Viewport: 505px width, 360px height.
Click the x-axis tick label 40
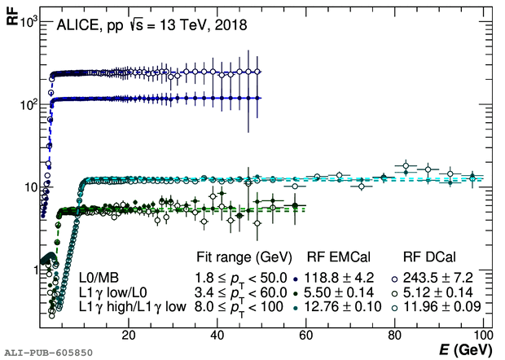217,335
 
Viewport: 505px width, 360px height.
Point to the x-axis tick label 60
305,335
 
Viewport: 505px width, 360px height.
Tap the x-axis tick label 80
394,335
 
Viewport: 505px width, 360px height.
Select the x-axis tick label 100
482,335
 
